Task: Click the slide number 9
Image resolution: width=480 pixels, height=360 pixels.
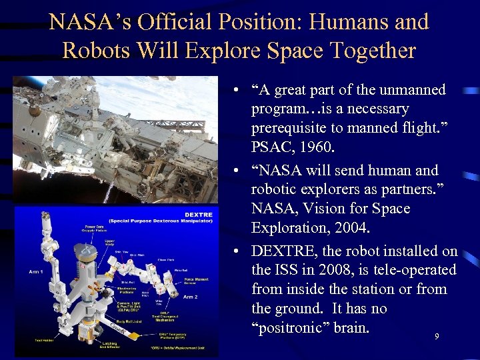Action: point(437,337)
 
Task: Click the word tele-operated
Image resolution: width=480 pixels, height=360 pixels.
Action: point(417,270)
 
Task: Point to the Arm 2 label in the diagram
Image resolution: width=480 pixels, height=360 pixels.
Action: point(191,296)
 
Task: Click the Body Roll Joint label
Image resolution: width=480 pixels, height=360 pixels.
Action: point(122,320)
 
